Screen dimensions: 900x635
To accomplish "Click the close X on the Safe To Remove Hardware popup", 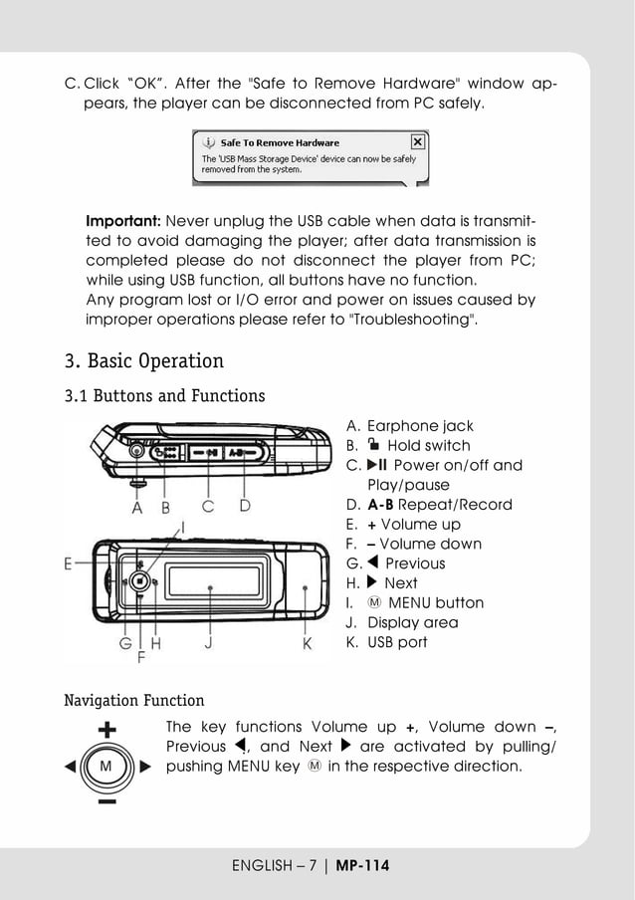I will pyautogui.click(x=417, y=141).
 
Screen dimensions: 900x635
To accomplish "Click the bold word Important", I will pyautogui.click(x=123, y=221).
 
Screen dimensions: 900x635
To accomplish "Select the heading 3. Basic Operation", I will pyautogui.click(x=143, y=360).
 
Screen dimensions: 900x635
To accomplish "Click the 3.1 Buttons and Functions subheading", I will pyautogui.click(x=164, y=396).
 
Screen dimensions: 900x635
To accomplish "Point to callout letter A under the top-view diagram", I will pyautogui.click(x=137, y=507).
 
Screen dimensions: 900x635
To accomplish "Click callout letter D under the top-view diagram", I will pyautogui.click(x=245, y=507).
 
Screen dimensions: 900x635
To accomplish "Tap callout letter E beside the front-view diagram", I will pyautogui.click(x=69, y=563).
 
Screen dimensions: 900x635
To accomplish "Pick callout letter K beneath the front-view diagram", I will pyautogui.click(x=307, y=644).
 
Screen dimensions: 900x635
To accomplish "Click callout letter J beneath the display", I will pyautogui.click(x=209, y=644).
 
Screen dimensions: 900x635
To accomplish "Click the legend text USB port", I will pyautogui.click(x=397, y=642).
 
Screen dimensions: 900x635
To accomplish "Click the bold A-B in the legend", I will pyautogui.click(x=380, y=505).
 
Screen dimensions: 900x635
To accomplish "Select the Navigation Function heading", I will pyautogui.click(x=133, y=701).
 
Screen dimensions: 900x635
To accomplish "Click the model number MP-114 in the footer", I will pyautogui.click(x=362, y=866).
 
